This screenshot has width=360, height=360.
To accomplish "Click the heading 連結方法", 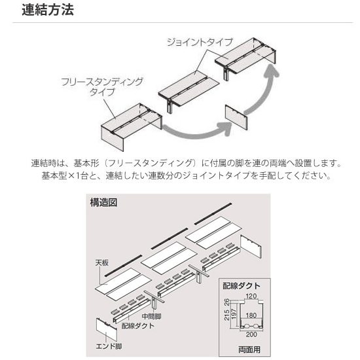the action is click(x=48, y=10).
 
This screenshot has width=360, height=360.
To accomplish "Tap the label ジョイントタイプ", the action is click(x=200, y=43).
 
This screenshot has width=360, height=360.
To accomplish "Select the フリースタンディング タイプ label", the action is click(x=102, y=86).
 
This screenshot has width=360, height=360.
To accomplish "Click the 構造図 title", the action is click(x=103, y=202).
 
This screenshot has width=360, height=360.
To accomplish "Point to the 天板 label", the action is click(x=102, y=263).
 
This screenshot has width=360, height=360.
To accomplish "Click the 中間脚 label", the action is click(x=152, y=316).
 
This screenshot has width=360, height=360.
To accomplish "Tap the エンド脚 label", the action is click(x=109, y=346).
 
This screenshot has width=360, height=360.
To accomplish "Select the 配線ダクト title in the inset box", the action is click(x=242, y=286).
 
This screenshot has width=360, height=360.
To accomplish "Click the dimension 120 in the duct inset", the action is click(x=251, y=296).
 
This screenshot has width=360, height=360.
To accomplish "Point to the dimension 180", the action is click(x=251, y=315).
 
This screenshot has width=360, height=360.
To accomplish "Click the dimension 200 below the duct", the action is click(x=251, y=334).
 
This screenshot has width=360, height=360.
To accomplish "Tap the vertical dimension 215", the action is click(x=227, y=315).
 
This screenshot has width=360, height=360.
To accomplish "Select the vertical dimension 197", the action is click(x=234, y=314).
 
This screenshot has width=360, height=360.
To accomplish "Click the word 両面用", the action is click(x=249, y=350).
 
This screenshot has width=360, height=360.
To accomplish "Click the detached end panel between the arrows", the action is click(x=236, y=117).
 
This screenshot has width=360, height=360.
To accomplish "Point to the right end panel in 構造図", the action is click(x=251, y=246).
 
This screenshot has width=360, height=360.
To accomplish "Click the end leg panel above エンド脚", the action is click(x=107, y=329).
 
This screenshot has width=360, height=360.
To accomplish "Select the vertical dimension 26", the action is click(x=227, y=302).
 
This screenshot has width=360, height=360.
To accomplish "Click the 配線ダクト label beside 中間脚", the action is click(x=138, y=325).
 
